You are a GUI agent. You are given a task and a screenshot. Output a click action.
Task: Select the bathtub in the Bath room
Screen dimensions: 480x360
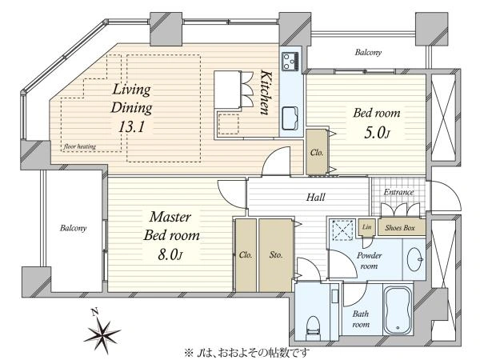pyautogui.click(x=398, y=310)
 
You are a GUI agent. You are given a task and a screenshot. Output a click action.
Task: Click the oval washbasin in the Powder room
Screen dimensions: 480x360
pyautogui.click(x=415, y=259)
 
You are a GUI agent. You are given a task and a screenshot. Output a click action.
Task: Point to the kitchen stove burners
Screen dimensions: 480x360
pyautogui.click(x=290, y=62)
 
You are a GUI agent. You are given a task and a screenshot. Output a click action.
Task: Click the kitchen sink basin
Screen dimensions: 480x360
pyautogui.click(x=290, y=118)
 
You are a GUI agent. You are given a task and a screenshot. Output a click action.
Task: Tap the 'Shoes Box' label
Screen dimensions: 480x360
pyautogui.click(x=400, y=227)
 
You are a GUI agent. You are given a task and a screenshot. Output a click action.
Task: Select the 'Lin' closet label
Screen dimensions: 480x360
pyautogui.click(x=366, y=227)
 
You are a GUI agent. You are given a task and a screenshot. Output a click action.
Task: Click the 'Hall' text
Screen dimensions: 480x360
pyautogui.click(x=316, y=197)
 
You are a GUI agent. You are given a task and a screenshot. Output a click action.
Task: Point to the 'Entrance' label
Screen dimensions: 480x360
pyautogui.click(x=398, y=192)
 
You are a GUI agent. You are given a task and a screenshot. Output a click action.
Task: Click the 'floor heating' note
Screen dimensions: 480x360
pyautogui.click(x=80, y=146)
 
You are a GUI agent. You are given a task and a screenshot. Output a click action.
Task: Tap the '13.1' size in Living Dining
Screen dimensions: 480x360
pyautogui.click(x=131, y=126)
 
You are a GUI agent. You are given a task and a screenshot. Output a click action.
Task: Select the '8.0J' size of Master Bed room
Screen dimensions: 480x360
pyautogui.click(x=170, y=254)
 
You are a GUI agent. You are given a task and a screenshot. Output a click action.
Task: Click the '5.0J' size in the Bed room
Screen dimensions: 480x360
pyautogui.click(x=377, y=133)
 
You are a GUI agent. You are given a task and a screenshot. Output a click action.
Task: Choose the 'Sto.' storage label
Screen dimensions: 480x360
pyautogui.click(x=276, y=254)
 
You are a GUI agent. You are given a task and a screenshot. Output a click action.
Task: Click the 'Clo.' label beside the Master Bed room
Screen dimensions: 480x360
pyautogui.click(x=246, y=254)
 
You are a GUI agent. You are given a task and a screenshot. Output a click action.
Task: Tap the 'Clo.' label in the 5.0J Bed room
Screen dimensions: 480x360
pyautogui.click(x=317, y=153)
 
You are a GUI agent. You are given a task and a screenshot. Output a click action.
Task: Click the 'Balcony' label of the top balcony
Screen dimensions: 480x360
pyautogui.click(x=368, y=52)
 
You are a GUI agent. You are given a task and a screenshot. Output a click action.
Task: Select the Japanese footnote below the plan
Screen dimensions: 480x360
pyautogui.click(x=246, y=353)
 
